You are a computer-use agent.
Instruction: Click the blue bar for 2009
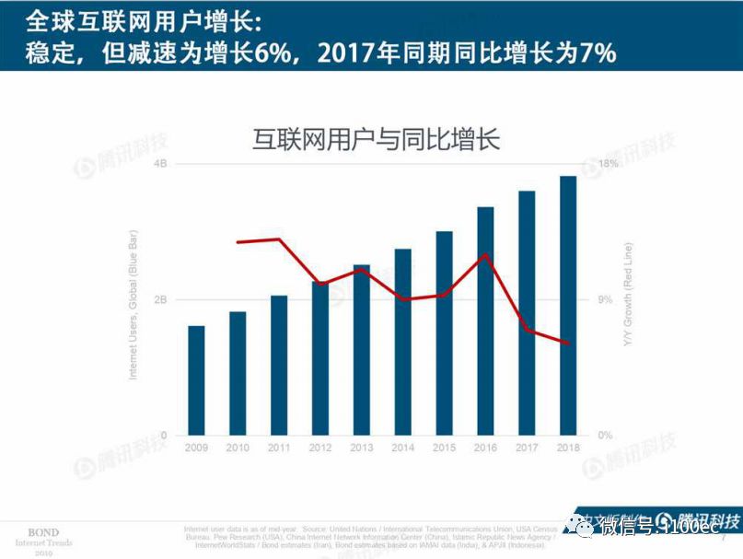pos(196,379)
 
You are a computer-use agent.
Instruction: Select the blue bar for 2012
pos(319,358)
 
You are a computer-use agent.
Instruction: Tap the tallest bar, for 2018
pos(567,305)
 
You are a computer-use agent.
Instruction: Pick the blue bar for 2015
pos(444,332)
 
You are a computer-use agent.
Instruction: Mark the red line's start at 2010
pos(238,242)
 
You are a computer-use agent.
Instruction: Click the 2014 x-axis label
pos(402,448)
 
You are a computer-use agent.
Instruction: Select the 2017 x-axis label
pos(527,448)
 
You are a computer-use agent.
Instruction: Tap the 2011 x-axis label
pos(279,448)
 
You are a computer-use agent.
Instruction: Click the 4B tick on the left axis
pos(160,164)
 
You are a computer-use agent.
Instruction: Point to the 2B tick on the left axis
pos(160,299)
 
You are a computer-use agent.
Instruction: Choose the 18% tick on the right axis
pos(609,164)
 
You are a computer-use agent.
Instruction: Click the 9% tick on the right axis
pos(606,299)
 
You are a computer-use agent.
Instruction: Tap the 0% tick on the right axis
pos(606,435)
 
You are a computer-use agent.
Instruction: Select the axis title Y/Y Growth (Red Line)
pos(628,295)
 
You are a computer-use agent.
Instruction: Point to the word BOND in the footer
pos(43,532)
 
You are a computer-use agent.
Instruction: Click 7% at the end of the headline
pos(596,53)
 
